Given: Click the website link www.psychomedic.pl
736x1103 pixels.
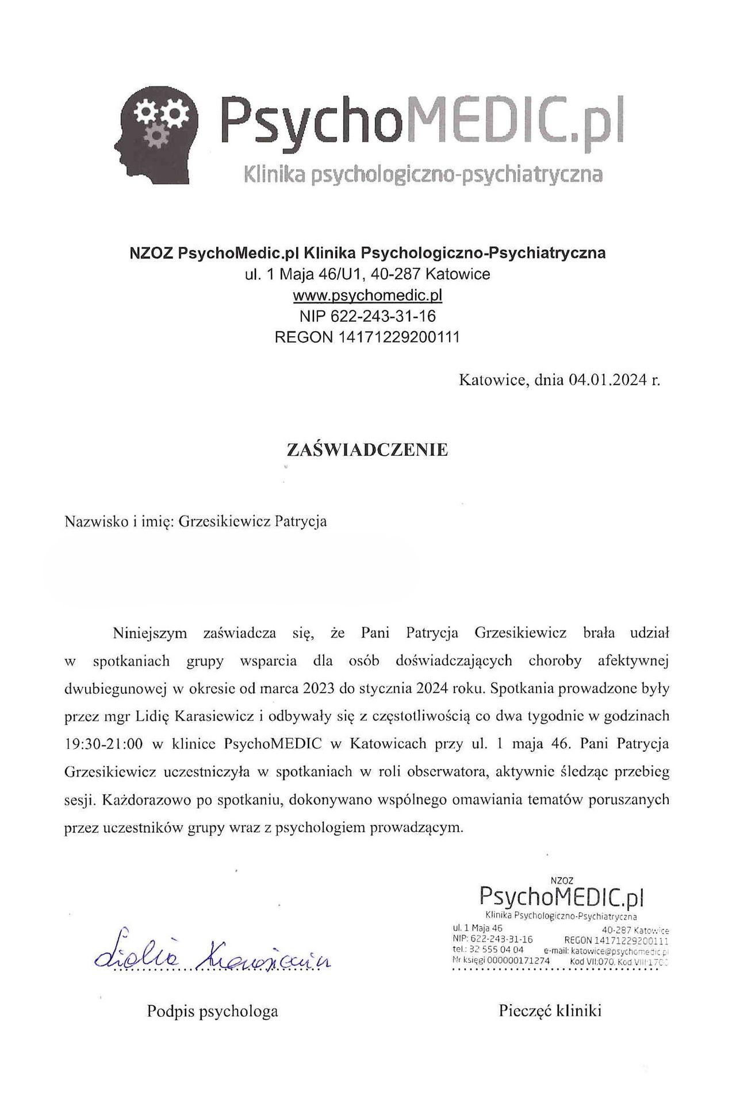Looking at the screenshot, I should [367, 295].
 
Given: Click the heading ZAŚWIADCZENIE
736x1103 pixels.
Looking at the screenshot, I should [367, 449].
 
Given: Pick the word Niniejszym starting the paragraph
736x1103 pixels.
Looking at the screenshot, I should [150, 633].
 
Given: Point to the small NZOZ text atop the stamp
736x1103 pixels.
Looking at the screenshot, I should [558, 879].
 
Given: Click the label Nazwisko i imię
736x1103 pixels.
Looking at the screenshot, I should [119, 521].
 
